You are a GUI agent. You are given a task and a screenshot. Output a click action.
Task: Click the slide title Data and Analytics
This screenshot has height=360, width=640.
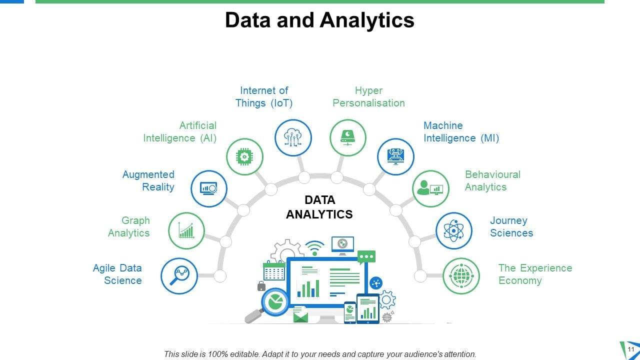coord(319,20)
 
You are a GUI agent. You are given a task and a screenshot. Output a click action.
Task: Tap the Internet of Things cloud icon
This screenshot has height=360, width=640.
coord(293,137)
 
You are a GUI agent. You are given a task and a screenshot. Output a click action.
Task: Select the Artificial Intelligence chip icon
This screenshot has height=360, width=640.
coord(244,156)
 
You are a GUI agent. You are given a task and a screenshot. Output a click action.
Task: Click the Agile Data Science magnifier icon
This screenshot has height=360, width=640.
coord(179,275)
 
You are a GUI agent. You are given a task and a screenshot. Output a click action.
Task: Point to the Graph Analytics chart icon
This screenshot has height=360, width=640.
coord(186,230)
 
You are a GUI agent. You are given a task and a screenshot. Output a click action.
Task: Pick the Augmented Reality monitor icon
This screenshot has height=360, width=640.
coord(209,188)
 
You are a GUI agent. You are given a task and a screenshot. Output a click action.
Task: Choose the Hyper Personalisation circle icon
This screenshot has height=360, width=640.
coord(347,137)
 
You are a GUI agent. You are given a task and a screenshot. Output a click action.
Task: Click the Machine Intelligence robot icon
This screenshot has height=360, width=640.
coord(395,156)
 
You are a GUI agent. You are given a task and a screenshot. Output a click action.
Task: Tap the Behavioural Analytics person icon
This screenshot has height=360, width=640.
coord(430,188)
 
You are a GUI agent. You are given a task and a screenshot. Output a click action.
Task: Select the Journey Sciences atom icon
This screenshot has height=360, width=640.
coord(453,230)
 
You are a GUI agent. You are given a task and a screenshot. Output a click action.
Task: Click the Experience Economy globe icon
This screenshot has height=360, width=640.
coord(461,276)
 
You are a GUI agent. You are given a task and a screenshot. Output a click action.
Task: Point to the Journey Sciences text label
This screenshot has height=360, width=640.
coord(511,226)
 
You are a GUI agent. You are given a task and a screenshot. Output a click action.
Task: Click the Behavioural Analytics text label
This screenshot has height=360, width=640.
coord(492,180)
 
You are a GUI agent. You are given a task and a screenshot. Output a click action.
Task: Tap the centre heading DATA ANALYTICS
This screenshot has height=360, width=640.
coord(319,207)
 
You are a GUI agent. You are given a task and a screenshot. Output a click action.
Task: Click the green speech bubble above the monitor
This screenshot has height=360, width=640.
coord(366,257)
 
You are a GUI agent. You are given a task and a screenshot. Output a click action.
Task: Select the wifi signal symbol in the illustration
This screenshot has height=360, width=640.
coord(314,248)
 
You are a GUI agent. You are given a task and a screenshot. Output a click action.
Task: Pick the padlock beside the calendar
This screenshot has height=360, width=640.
coord(261,286)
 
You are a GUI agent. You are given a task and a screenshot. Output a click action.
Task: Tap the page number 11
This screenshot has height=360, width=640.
coord(631,349)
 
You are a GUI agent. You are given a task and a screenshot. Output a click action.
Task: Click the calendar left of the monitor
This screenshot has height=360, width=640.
coord(274,270)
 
